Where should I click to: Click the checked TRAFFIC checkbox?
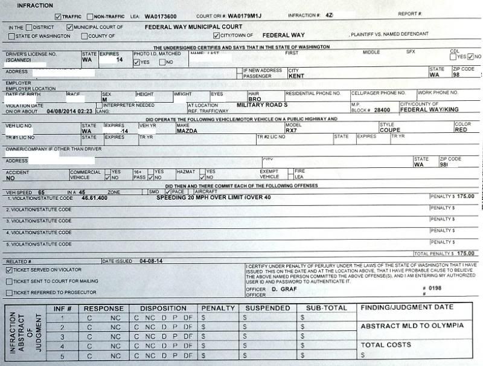pos(57,17)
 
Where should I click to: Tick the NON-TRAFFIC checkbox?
pos(90,17)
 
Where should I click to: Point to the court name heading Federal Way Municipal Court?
pos(193,27)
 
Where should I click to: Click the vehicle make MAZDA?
pos(187,130)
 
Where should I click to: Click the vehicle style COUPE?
pos(390,130)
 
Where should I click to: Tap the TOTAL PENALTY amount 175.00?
pos(464,254)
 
